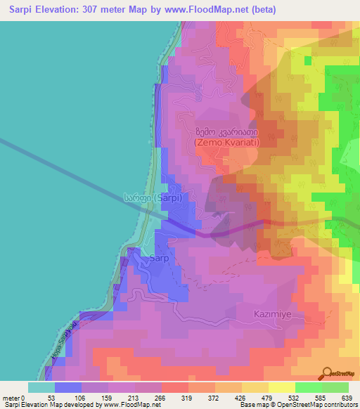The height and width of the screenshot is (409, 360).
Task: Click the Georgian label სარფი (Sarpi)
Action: tap(153, 199)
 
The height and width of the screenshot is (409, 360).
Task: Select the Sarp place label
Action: tap(157, 259)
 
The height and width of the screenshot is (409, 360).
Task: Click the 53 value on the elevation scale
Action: tap(55, 397)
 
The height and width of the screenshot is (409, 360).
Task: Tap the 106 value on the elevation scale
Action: tap(82, 397)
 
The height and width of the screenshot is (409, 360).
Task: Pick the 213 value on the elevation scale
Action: tap(135, 397)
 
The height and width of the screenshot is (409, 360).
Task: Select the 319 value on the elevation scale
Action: tap(188, 397)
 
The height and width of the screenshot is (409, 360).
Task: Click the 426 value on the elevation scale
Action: tap(242, 397)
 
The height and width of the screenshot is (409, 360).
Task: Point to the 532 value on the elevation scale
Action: tap(295, 397)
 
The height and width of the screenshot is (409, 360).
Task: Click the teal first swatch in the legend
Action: tap(41, 387)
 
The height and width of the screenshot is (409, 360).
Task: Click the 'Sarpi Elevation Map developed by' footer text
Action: tap(60, 405)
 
